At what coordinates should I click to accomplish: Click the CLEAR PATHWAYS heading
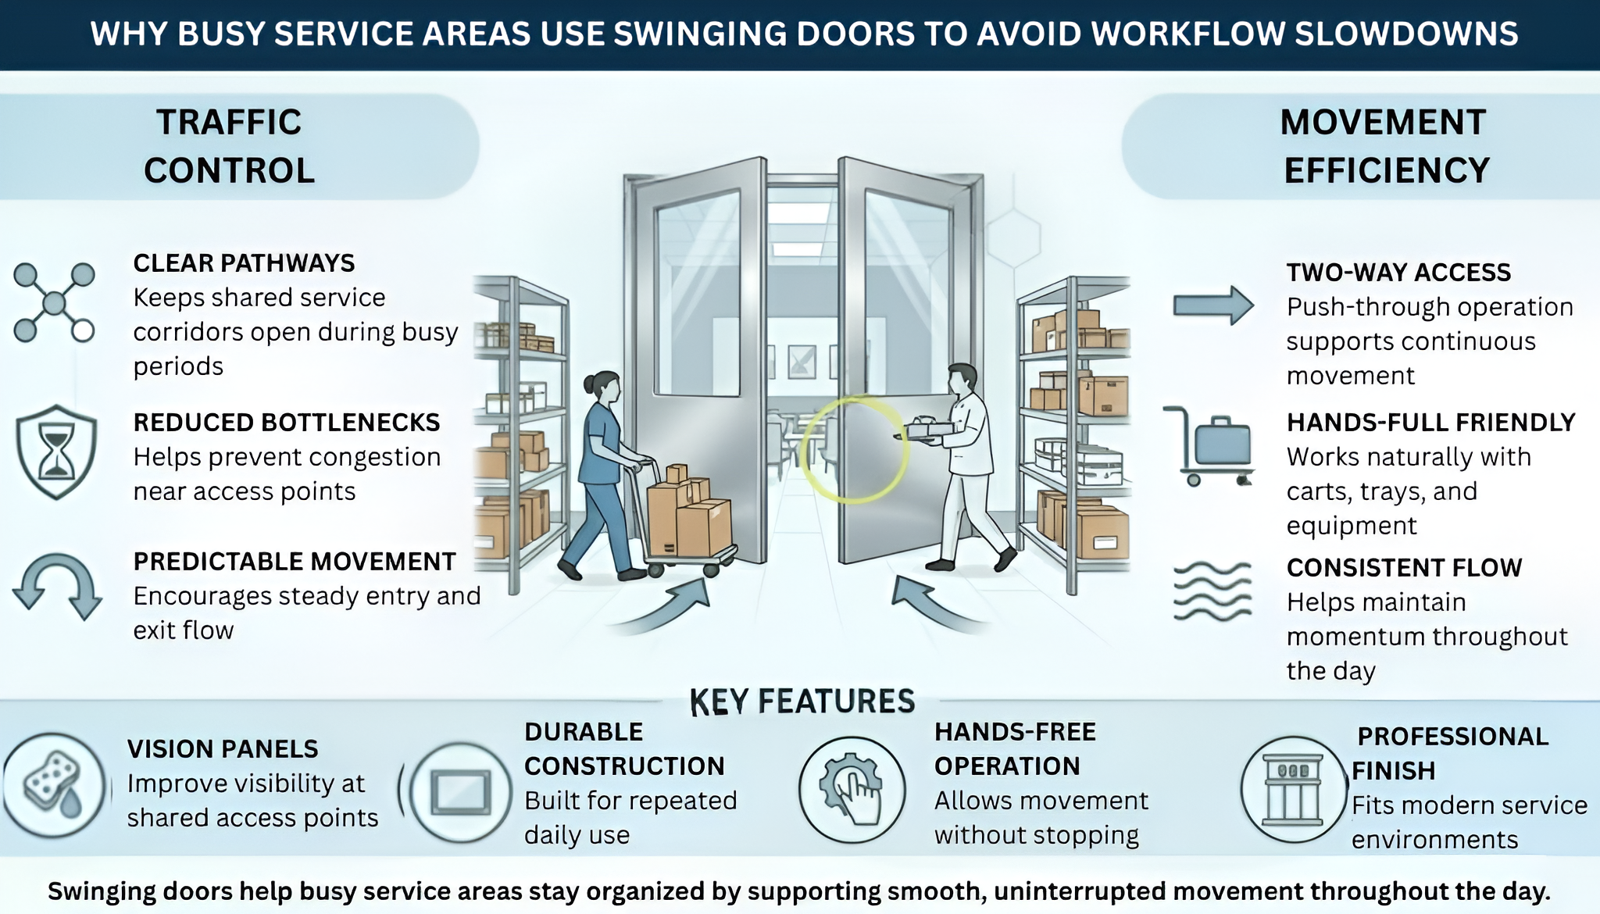coord(244,263)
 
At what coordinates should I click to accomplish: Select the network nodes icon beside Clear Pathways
coord(54,302)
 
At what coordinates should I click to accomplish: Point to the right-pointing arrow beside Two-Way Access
coord(1212,305)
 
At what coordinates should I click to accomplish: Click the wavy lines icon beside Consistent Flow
coord(1212,591)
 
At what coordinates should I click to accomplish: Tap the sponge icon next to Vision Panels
coord(53,784)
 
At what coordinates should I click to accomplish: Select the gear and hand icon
coord(852,790)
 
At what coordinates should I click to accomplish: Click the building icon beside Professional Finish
coord(1293,789)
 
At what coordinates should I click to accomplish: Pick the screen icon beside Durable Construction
coord(461,792)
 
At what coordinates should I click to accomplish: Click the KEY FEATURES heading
coord(802,702)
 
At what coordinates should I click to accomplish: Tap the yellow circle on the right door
coord(854,451)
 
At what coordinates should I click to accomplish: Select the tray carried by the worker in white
coord(929,430)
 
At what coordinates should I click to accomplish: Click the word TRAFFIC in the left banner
coord(229,123)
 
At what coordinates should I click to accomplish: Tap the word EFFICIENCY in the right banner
coord(1387,171)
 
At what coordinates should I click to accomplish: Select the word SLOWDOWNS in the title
coord(1406,34)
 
